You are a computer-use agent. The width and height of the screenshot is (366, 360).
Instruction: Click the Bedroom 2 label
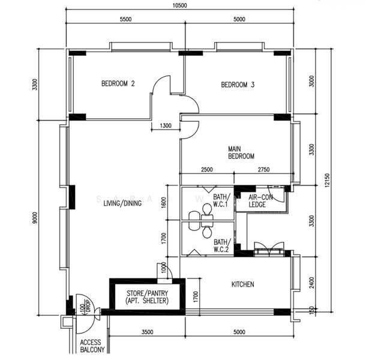tap(118, 83)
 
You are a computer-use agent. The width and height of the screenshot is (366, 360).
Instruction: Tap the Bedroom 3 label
tap(238, 85)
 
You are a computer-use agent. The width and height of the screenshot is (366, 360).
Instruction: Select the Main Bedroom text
tap(241, 152)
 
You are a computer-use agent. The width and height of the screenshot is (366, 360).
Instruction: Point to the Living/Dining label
tap(122, 203)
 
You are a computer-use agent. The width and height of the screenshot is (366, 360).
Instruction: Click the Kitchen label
tap(243, 284)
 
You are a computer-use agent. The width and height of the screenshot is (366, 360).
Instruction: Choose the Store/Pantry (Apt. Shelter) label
tap(147, 297)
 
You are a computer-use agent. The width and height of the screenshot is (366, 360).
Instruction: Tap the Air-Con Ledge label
tap(260, 201)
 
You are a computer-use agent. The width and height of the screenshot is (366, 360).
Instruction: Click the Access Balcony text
tap(92, 346)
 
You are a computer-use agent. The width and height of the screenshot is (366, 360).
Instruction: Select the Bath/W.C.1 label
tap(221, 200)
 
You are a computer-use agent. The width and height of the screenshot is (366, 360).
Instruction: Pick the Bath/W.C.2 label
tap(221, 245)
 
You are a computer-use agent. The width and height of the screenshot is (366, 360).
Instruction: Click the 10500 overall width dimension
tap(180, 5)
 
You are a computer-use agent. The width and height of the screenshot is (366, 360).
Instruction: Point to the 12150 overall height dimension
tap(327, 180)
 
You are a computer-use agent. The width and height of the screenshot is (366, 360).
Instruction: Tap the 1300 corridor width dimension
tap(166, 125)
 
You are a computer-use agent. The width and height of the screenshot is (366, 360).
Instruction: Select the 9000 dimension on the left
tap(35, 218)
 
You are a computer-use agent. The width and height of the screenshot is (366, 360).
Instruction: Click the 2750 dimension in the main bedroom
tap(264, 169)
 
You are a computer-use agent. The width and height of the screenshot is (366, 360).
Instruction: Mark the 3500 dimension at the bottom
tap(148, 332)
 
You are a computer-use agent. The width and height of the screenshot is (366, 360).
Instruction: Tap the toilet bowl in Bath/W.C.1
tap(207, 209)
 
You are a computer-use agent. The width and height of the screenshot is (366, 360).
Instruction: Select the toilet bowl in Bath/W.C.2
tap(207, 233)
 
